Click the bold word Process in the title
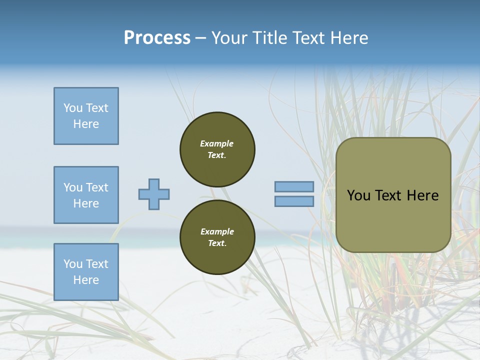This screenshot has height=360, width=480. (x=157, y=38)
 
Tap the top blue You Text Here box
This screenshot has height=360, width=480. (x=86, y=116)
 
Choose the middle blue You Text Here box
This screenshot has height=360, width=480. (x=86, y=195)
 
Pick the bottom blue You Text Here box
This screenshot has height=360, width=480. (x=86, y=271)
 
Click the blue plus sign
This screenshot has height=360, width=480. (x=154, y=194)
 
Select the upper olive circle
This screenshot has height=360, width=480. (x=217, y=149)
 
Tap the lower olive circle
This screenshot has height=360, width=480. (x=217, y=237)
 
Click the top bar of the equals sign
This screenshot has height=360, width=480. (x=294, y=187)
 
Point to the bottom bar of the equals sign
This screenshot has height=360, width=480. (x=294, y=201)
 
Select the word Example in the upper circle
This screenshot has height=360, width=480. (x=217, y=143)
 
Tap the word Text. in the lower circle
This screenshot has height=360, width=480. (x=217, y=243)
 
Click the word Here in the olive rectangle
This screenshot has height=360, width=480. (x=422, y=195)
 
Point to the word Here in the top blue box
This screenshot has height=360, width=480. (x=86, y=124)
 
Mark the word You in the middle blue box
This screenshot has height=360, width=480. (x=72, y=187)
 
